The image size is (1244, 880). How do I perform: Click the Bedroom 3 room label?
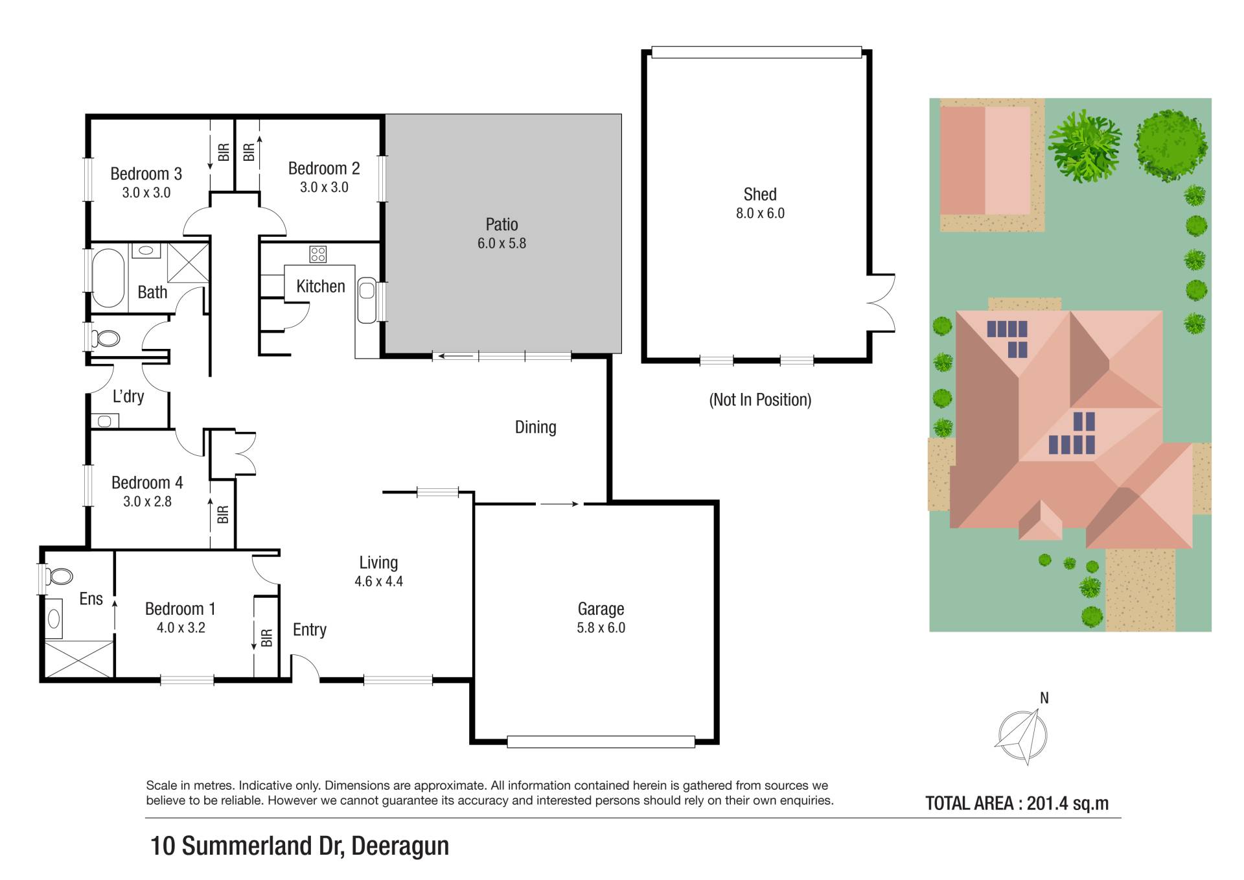pos(146,174)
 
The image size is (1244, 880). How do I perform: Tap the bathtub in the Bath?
pos(108,278)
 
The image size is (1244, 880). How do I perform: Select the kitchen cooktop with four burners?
pos(317,254)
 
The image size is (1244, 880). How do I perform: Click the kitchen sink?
pos(367,300)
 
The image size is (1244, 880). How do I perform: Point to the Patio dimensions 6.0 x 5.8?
pos(501,243)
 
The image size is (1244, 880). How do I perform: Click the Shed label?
pos(760,194)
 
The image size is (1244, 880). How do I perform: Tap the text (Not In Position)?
pos(760,399)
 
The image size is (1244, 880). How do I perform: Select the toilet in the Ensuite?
pos(59,576)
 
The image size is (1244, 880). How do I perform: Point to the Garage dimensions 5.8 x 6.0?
pos(601,628)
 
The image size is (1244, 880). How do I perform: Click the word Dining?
pos(536,427)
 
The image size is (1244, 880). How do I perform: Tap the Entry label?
pos(310,630)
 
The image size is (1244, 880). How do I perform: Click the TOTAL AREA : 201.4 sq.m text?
pos(1017,803)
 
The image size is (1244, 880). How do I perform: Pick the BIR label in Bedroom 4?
pos(223,515)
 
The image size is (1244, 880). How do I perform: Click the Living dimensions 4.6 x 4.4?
pos(378,582)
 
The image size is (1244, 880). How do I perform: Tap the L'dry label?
pos(128,396)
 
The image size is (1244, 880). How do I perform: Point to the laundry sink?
pos(104,422)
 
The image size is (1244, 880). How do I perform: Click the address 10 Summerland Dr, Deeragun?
pos(299,846)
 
